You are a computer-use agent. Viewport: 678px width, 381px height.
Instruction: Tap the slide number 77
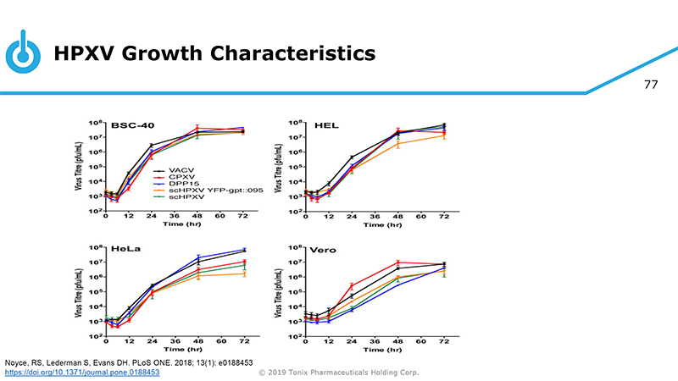click(651, 85)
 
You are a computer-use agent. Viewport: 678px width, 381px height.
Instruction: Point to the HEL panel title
click(326, 124)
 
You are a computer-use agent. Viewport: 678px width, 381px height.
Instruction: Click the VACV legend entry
click(189, 169)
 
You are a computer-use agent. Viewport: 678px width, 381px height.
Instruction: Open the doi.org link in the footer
click(82, 372)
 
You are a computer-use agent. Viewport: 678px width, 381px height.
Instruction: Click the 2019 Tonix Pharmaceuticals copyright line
click(339, 372)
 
